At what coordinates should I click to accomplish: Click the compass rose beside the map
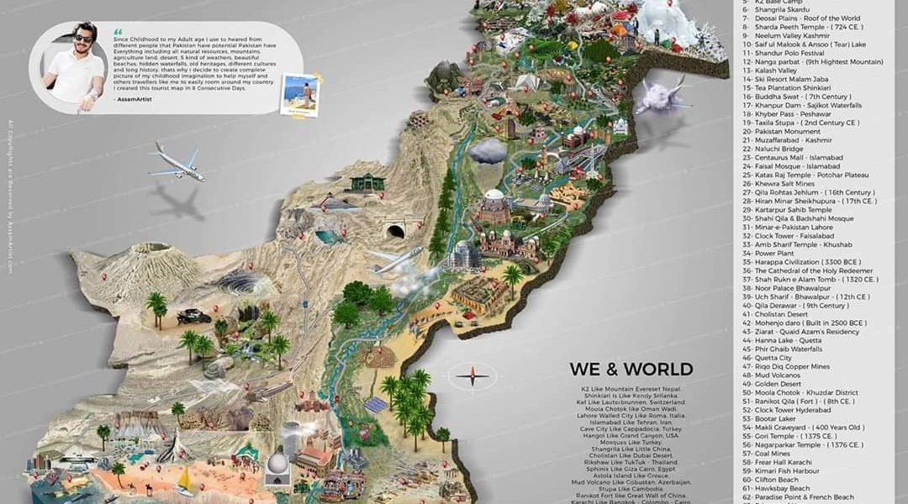[x=472, y=375]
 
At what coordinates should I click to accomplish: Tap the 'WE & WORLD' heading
[x=631, y=369]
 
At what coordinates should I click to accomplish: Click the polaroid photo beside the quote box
[x=300, y=94]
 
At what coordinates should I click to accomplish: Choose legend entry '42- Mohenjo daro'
[x=804, y=322]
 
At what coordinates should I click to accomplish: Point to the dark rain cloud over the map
[x=488, y=151]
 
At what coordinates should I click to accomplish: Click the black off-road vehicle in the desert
[x=195, y=316]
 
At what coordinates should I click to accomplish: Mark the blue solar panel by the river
[x=377, y=405]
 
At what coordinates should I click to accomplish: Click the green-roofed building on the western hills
[x=367, y=181]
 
